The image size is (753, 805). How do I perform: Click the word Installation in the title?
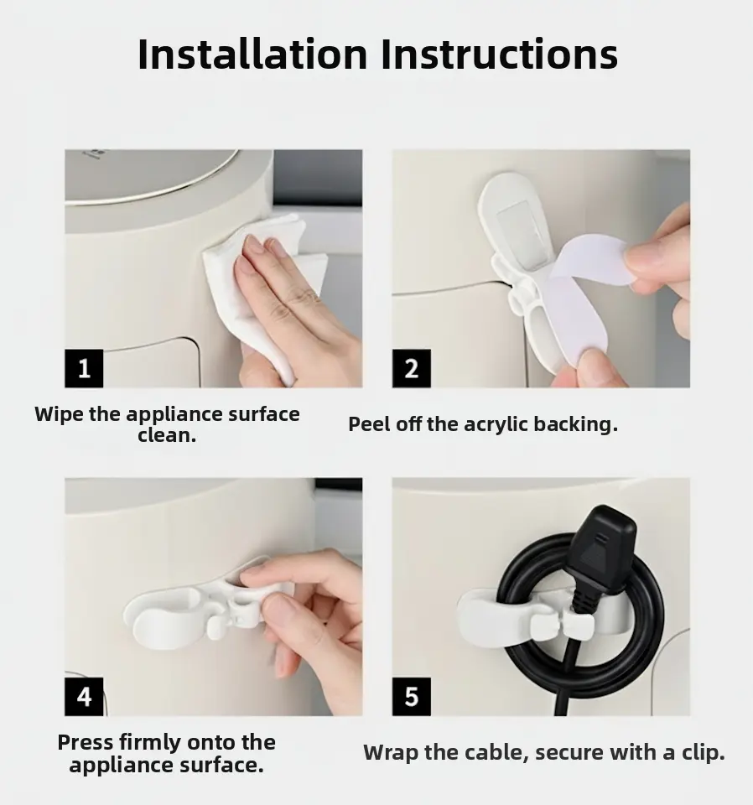click(252, 54)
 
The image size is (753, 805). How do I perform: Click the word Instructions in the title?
click(499, 54)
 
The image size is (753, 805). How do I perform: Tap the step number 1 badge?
click(84, 368)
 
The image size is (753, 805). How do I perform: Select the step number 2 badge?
click(411, 368)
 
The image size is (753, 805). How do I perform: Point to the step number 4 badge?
click(84, 697)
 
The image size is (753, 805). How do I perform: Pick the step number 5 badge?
click(411, 697)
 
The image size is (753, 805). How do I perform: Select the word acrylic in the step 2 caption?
click(496, 425)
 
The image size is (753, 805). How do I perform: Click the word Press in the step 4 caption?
click(86, 742)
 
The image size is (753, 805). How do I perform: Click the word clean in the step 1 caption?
click(167, 435)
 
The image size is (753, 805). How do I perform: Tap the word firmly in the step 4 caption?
click(150, 743)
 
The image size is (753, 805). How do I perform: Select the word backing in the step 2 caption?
click(576, 425)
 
